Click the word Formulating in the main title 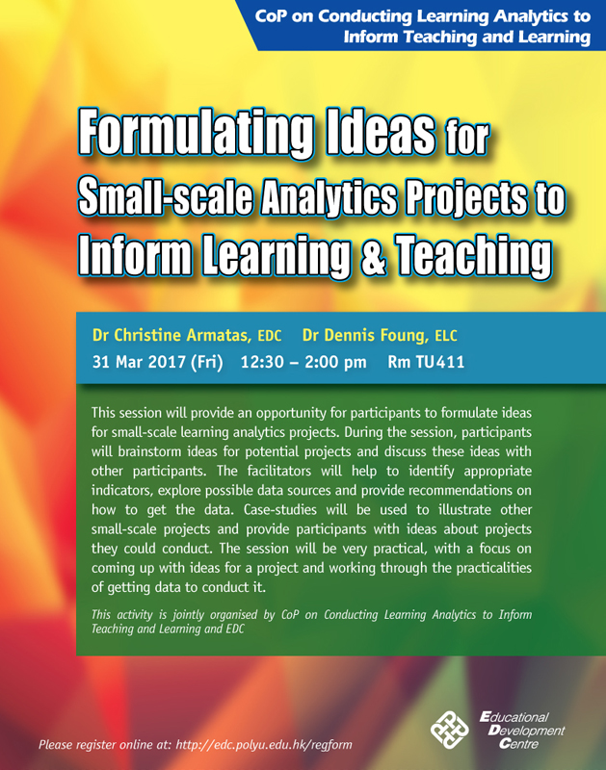(x=196, y=134)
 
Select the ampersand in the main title (x=374, y=255)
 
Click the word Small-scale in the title (x=166, y=196)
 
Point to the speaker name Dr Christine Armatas (x=171, y=335)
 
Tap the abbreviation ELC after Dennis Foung (x=446, y=336)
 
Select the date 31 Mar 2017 (x=139, y=362)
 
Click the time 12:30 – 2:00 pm (x=303, y=362)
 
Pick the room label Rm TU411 (x=426, y=362)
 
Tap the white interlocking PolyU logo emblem (x=450, y=731)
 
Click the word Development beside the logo (x=526, y=731)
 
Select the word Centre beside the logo (x=518, y=744)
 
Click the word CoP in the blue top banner (x=271, y=16)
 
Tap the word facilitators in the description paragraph (x=279, y=471)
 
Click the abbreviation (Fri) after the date (x=207, y=363)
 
